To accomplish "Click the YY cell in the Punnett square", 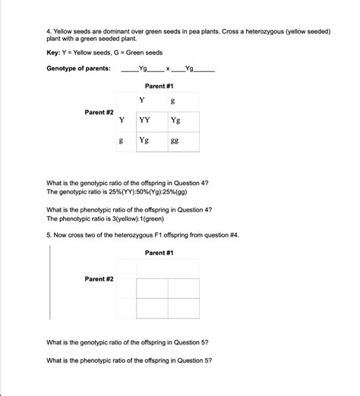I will pos(144,120).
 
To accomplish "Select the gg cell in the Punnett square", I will pos(175,140).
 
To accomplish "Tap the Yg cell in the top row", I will pos(175,120).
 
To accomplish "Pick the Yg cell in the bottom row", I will pos(144,140).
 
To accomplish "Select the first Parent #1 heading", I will pos(159,87).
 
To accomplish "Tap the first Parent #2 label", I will pos(99,112).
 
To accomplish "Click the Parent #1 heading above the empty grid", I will pos(159,252).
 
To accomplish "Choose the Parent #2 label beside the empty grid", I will pos(99,279).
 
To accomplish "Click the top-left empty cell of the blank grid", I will pos(152,288).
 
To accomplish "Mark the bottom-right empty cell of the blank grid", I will pos(184,309).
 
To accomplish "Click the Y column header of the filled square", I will pos(142,100).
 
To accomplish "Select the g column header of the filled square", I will pos(174,101).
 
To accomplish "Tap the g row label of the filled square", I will pos(122,140).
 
